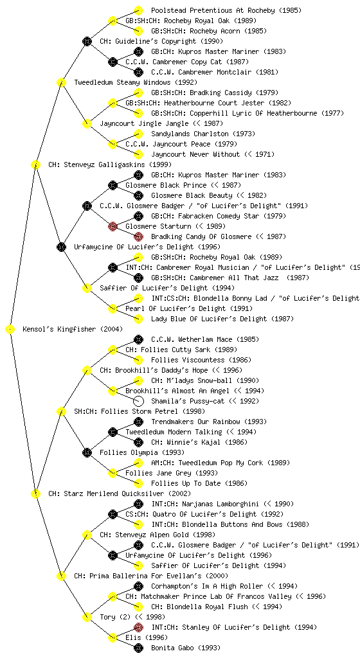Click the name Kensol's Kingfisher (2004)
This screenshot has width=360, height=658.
73,329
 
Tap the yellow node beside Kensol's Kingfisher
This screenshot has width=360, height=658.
10,329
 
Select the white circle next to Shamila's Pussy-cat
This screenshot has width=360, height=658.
138,401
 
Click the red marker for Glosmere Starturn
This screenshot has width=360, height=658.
113,226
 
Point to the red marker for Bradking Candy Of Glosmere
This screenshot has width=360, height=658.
138,236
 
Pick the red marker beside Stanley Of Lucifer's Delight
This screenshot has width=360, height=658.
138,627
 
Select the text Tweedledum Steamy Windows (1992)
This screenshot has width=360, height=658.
136,82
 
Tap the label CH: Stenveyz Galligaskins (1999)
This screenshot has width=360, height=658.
110,164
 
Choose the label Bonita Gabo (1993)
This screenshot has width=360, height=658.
185,648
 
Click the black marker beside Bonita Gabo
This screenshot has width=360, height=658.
138,648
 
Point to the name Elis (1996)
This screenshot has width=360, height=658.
143,637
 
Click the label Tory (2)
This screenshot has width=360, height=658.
115,617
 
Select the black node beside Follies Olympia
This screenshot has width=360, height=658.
87,452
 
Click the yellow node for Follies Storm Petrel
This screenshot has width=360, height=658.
61,411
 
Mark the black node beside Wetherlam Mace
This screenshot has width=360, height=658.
138,339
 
